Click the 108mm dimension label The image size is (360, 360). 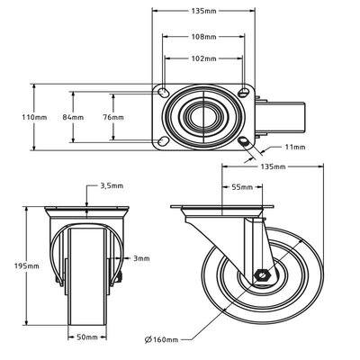tap(203, 38)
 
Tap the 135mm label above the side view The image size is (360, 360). tap(273, 167)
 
